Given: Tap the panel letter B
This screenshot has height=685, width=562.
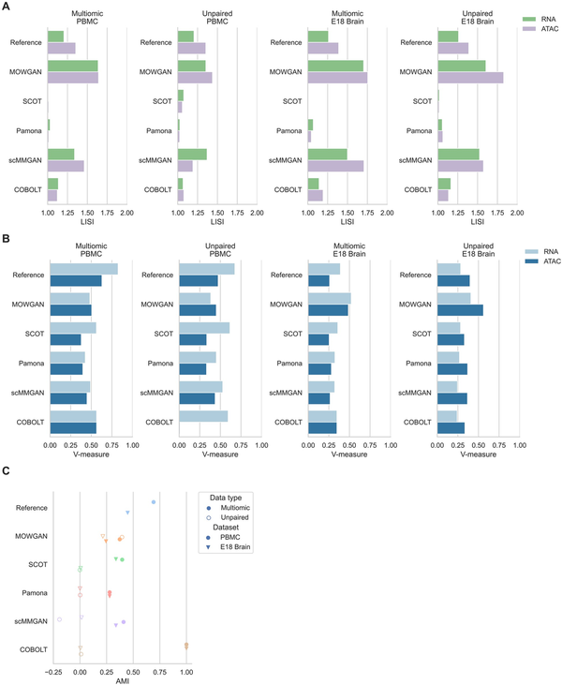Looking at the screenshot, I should (x=7, y=241).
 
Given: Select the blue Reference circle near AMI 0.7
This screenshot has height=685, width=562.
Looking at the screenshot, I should (x=154, y=502).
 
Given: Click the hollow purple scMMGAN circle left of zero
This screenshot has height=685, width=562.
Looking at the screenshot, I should (x=59, y=619).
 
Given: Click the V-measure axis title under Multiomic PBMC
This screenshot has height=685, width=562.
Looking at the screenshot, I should (x=90, y=454).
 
